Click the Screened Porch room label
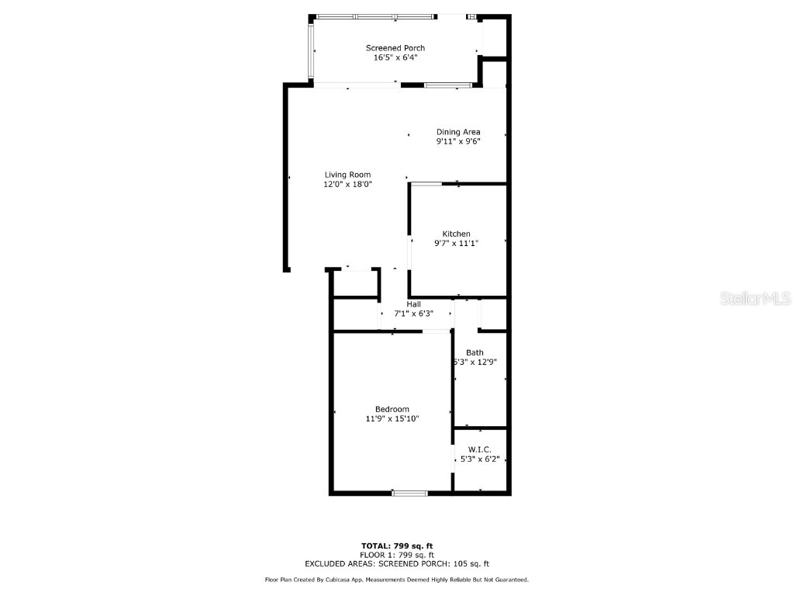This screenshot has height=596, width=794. pyautogui.click(x=395, y=48)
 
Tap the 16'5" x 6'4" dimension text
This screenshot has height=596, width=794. pyautogui.click(x=395, y=57)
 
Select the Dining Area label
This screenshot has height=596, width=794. pyautogui.click(x=458, y=132)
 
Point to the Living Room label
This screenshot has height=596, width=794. pyautogui.click(x=347, y=175)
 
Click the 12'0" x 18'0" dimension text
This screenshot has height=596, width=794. pyautogui.click(x=347, y=185)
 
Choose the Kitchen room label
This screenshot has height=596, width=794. pyautogui.click(x=456, y=234)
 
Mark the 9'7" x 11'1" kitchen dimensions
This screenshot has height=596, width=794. pyautogui.click(x=456, y=244)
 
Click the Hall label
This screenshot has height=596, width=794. pyautogui.click(x=413, y=304)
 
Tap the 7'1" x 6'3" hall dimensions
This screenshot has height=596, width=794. pyautogui.click(x=413, y=314)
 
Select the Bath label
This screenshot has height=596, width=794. pyautogui.click(x=475, y=352)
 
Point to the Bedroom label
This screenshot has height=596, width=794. pyautogui.click(x=392, y=409)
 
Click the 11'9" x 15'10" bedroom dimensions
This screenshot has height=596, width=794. pyautogui.click(x=392, y=419)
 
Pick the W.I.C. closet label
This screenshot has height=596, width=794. pyautogui.click(x=480, y=449)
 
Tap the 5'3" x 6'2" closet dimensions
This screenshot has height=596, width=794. pyautogui.click(x=480, y=459)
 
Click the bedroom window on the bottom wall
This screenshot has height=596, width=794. pyautogui.click(x=409, y=492)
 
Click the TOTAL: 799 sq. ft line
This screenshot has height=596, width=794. pyautogui.click(x=397, y=546)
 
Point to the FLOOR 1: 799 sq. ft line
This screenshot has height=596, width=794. pyautogui.click(x=397, y=555)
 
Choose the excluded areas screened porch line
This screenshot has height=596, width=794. pyautogui.click(x=397, y=564)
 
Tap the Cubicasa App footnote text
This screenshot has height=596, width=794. pyautogui.click(x=397, y=580)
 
